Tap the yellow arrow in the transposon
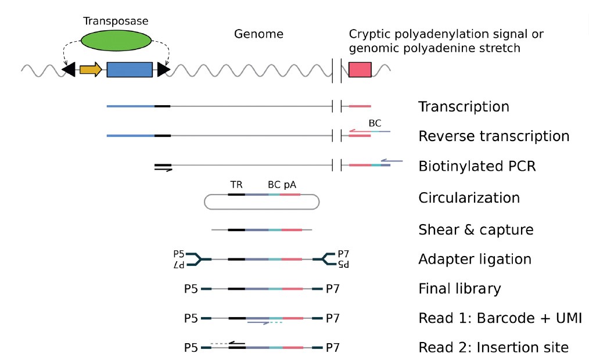click(x=91, y=70)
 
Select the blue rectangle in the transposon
click(x=130, y=70)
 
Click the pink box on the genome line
click(x=360, y=70)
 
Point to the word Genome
click(x=258, y=34)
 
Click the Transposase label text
click(x=116, y=21)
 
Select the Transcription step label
click(x=464, y=107)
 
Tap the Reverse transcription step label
click(x=494, y=136)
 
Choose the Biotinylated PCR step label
click(x=477, y=167)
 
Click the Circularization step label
click(x=469, y=197)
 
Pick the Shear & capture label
click(x=476, y=230)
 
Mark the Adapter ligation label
click(x=475, y=259)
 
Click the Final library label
click(x=459, y=289)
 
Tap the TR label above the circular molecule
click(x=236, y=185)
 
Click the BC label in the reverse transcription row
click(x=375, y=124)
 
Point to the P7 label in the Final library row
click(x=333, y=289)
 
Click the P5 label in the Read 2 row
click(x=191, y=348)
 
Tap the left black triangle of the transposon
click(x=69, y=70)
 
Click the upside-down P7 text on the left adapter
click(x=181, y=265)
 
